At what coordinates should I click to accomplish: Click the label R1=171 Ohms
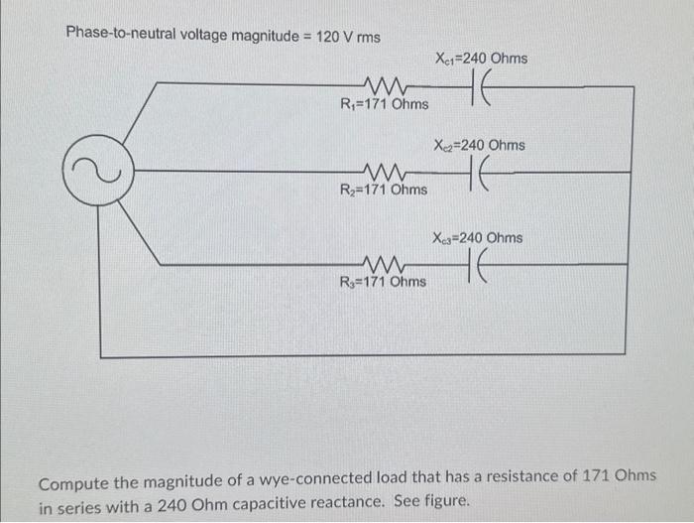[x=385, y=104]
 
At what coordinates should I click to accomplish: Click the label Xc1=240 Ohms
[x=481, y=59]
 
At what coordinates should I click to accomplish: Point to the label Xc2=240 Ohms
[x=480, y=145]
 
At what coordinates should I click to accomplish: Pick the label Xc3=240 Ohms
[x=477, y=238]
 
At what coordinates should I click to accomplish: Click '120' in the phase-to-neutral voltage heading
[x=332, y=35]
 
